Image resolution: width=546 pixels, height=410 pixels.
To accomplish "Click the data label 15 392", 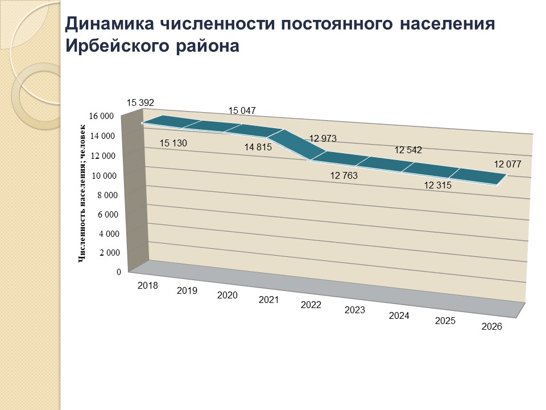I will point(140,103).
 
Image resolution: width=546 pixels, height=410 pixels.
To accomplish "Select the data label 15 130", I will point(173,143).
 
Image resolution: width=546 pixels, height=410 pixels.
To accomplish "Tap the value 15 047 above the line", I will point(242,110).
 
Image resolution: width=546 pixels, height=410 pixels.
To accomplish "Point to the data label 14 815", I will point(258,147).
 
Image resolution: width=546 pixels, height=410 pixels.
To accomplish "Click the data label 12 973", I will point(322,138).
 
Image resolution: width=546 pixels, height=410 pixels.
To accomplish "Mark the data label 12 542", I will point(408,150).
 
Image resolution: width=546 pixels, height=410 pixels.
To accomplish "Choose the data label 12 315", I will point(438,185).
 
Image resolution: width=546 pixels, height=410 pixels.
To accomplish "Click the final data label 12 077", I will point(507,165).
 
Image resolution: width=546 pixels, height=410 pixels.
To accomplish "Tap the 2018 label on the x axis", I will point(148,285).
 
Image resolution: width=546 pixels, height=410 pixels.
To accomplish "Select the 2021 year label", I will point(268,300).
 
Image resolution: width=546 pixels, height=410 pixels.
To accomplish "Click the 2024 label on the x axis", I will point(399,315).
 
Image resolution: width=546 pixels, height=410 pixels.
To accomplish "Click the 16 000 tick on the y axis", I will point(102,116).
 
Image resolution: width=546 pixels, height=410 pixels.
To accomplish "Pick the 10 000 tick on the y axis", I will point(104,175).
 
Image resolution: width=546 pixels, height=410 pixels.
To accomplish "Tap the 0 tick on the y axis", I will point(119,272).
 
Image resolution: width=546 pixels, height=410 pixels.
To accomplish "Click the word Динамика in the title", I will point(107,24).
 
